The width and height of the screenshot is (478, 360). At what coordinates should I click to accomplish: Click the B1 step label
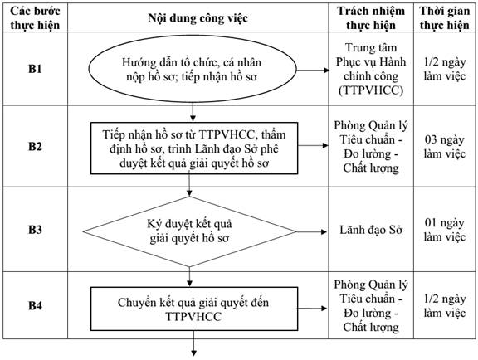point(35,69)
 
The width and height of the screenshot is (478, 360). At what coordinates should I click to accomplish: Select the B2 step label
point(35,146)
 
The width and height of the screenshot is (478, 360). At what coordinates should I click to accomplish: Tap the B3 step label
point(35,230)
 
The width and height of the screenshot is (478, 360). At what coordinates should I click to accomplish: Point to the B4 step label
point(35,305)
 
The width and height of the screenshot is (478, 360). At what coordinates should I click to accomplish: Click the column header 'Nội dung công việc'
point(198,18)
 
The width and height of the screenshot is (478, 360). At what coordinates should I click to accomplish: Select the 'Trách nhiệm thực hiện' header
point(371,18)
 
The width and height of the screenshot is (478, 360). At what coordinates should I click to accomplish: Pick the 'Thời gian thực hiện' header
point(445,18)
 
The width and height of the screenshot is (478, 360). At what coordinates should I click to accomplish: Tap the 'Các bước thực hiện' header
point(35,18)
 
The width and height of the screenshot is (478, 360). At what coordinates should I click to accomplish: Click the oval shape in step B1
point(193,69)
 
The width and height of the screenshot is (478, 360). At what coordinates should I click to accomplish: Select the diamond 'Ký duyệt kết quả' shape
point(189,231)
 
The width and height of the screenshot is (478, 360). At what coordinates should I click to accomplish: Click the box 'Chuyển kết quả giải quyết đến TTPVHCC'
point(194,309)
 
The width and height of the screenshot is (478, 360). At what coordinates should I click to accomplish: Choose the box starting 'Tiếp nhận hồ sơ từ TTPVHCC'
point(194,148)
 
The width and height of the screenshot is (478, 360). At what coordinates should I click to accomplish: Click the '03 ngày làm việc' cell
point(445,147)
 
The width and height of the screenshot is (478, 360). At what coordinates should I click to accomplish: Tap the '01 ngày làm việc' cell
point(445,230)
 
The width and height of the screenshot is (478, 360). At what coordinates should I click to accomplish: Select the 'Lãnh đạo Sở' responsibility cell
point(371,230)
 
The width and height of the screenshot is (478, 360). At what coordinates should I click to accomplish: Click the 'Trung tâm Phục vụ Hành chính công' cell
point(371,69)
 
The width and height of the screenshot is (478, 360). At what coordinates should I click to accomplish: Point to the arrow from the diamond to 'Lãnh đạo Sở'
point(311,232)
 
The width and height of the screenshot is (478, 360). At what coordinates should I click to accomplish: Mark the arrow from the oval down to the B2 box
point(193,112)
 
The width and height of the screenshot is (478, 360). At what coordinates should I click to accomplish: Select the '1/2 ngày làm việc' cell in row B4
point(445,306)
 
